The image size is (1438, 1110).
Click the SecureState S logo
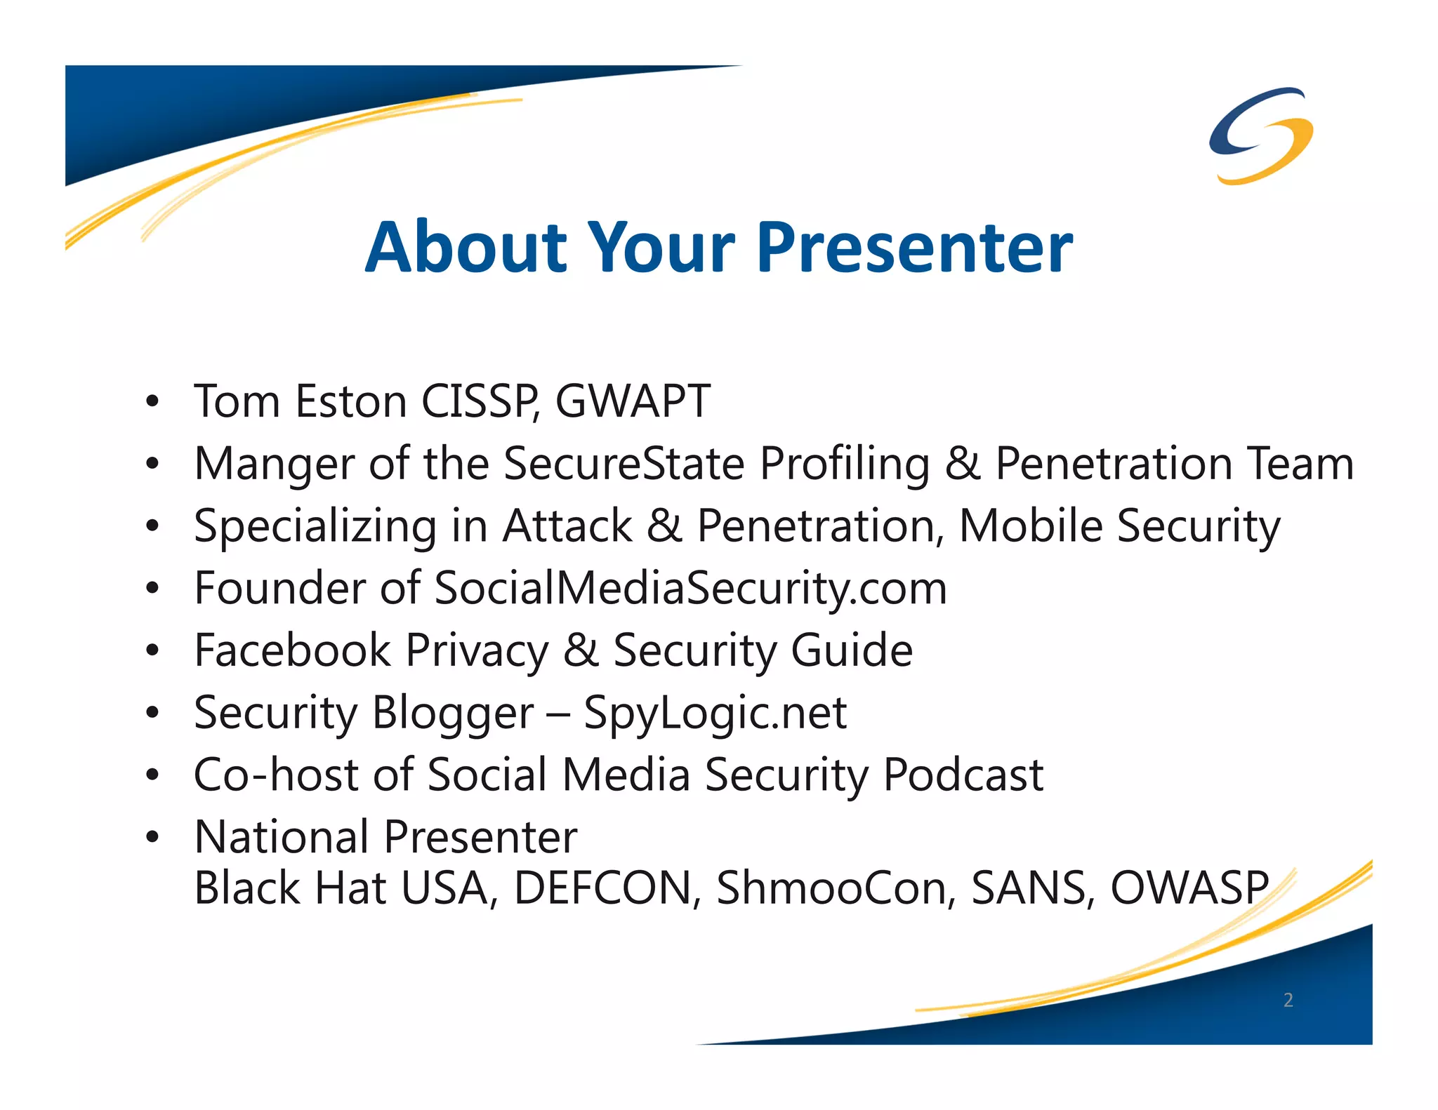(1261, 135)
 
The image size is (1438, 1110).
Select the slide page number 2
(1288, 1000)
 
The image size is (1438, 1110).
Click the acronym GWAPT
(633, 401)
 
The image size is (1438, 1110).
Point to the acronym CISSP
(480, 401)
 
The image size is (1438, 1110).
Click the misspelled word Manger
(274, 464)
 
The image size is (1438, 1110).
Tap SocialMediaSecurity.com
(690, 588)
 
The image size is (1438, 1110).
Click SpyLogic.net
(715, 714)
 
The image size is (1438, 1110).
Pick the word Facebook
(292, 650)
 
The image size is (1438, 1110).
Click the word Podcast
(963, 775)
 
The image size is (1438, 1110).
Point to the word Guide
(851, 650)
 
